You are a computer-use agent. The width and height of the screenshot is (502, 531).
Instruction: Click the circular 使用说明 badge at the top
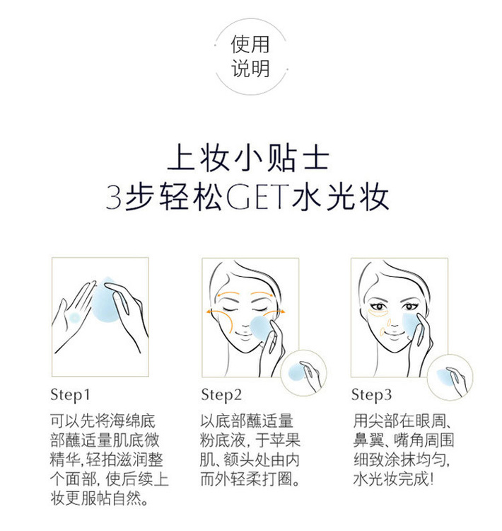(251, 57)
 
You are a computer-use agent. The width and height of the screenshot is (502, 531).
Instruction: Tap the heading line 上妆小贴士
(249, 159)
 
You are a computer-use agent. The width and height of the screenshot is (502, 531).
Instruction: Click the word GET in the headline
(258, 196)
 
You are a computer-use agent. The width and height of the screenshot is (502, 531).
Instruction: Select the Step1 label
(71, 395)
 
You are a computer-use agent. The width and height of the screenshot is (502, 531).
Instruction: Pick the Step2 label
(221, 395)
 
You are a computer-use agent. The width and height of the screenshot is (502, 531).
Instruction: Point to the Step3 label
(371, 395)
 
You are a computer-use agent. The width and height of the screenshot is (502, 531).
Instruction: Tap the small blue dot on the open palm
(74, 318)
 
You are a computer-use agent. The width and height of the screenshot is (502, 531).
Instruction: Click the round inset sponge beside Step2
(303, 373)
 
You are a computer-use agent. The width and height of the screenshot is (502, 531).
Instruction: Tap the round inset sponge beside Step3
(450, 377)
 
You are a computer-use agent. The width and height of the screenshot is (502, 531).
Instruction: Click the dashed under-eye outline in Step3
(378, 312)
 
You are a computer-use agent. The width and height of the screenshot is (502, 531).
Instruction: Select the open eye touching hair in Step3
(410, 307)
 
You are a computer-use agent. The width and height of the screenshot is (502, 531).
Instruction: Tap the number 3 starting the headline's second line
(114, 196)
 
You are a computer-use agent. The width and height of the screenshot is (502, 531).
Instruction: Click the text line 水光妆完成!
(393, 479)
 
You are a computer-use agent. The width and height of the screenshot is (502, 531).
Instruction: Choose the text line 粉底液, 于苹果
(250, 440)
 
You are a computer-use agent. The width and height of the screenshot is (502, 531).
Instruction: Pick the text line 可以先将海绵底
(103, 421)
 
